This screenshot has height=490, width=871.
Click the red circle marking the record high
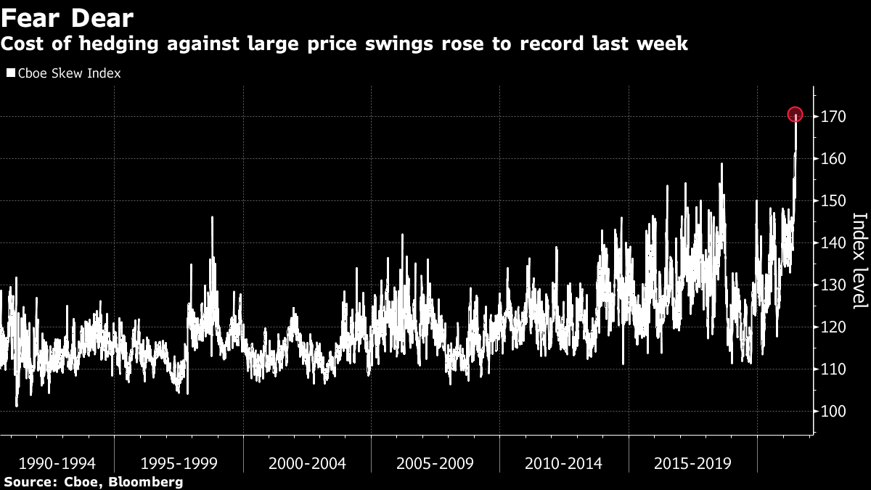pyautogui.click(x=796, y=115)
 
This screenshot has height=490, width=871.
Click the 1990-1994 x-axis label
pyautogui.click(x=57, y=463)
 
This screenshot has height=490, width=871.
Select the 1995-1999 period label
pyautogui.click(x=179, y=463)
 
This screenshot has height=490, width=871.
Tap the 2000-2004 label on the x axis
pyautogui.click(x=307, y=463)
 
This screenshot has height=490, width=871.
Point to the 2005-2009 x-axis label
pyautogui.click(x=435, y=463)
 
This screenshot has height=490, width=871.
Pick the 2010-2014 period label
pyautogui.click(x=563, y=463)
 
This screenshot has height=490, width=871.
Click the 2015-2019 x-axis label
pyautogui.click(x=692, y=463)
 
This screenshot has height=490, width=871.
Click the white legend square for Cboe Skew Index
pyautogui.click(x=10, y=73)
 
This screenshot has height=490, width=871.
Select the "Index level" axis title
pyautogui.click(x=859, y=260)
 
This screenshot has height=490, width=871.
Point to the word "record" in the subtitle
pyautogui.click(x=557, y=44)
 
